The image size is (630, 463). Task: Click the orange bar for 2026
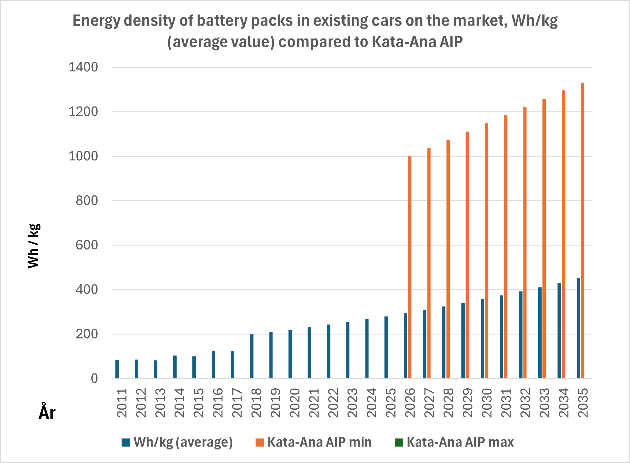(x=410, y=267)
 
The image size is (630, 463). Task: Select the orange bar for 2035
(x=583, y=231)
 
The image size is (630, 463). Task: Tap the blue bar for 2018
(x=252, y=356)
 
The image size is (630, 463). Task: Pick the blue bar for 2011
(x=117, y=369)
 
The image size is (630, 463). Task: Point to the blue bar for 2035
(x=578, y=328)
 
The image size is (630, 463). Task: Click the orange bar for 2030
(x=486, y=251)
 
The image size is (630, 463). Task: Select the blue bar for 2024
(x=367, y=349)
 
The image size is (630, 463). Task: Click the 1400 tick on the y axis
(x=83, y=67)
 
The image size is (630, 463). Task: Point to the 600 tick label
(x=87, y=245)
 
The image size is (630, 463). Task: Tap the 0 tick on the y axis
(x=94, y=379)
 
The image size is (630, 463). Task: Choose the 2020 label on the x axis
(x=295, y=403)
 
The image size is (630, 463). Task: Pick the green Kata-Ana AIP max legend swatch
(x=398, y=443)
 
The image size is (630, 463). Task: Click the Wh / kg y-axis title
(x=34, y=246)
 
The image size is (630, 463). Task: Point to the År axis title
(x=47, y=412)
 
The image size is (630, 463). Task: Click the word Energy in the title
(x=97, y=21)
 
